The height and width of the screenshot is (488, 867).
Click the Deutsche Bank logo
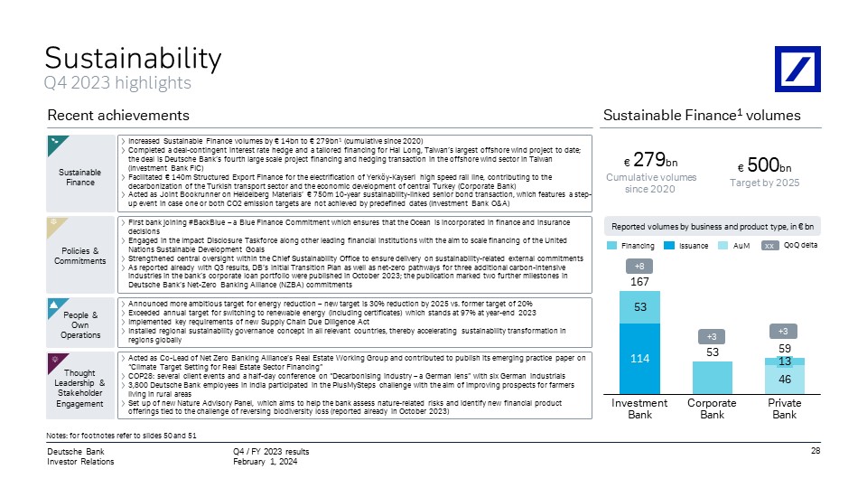(797, 70)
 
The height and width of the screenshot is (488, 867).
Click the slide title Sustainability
(134, 58)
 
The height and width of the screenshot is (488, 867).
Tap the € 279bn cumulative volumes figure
(651, 161)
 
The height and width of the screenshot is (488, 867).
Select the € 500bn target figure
(765, 165)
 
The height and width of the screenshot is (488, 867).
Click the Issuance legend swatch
(669, 246)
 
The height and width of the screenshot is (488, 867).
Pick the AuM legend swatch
(722, 246)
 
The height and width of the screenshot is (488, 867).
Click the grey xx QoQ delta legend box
(769, 246)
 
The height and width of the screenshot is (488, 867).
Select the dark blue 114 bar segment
(639, 359)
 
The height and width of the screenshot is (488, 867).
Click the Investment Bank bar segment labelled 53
(639, 307)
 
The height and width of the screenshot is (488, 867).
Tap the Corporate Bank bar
(713, 378)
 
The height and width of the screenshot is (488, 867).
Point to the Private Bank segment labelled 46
(785, 380)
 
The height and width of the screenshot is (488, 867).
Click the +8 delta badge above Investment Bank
(639, 266)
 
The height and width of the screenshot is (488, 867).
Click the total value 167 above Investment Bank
(639, 282)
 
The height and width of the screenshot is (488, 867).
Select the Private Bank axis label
(785, 408)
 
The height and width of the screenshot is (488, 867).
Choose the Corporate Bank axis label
(713, 408)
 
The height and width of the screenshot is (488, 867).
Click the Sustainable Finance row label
(80, 177)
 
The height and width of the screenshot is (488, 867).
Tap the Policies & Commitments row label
(80, 256)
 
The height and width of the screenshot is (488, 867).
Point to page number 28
(816, 451)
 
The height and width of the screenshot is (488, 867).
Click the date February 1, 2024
(265, 462)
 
